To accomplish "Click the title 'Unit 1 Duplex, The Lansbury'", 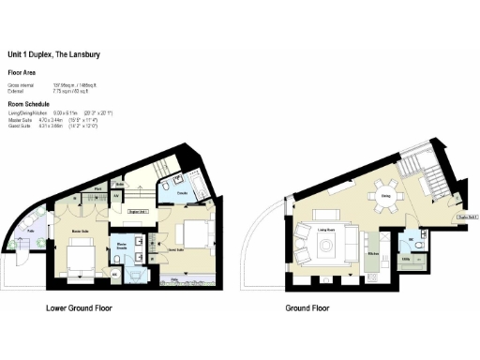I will [53, 54].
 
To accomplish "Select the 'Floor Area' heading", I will [22, 72].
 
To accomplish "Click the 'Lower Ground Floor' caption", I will [87, 307].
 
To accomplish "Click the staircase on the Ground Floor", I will [429, 174].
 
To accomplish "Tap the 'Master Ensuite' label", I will [122, 247].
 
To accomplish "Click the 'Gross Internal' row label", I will [20, 85].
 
